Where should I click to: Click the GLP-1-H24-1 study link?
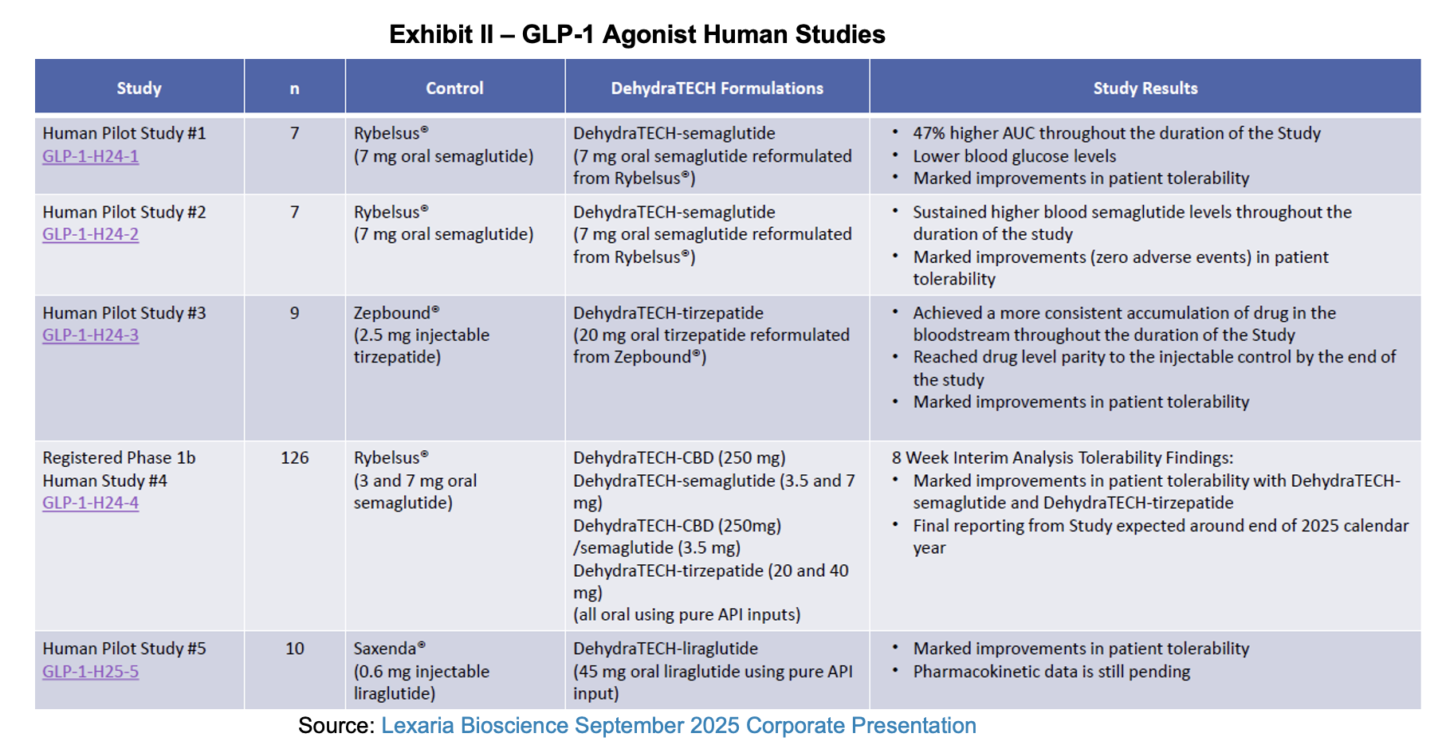coord(90,156)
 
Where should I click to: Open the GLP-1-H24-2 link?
coord(90,234)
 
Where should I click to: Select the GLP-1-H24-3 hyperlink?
coord(90,335)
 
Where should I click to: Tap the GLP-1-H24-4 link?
coord(90,503)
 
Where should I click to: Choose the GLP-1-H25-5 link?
coord(90,672)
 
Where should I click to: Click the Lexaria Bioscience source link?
coord(678,726)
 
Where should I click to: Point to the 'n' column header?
coord(294,88)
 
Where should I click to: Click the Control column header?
coord(454,88)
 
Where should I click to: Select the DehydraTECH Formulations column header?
coord(717,88)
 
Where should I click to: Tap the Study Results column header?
coord(1145,88)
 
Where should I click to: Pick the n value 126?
coord(294,458)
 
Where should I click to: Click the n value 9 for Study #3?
coord(294,313)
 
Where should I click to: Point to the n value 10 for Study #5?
coord(294,649)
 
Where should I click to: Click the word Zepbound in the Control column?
coord(391,313)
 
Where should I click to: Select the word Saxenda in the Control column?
coord(385,649)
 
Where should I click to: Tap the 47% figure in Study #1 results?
coord(929,133)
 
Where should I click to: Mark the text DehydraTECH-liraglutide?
coord(665,649)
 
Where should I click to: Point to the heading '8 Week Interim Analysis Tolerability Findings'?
coord(1062,458)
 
